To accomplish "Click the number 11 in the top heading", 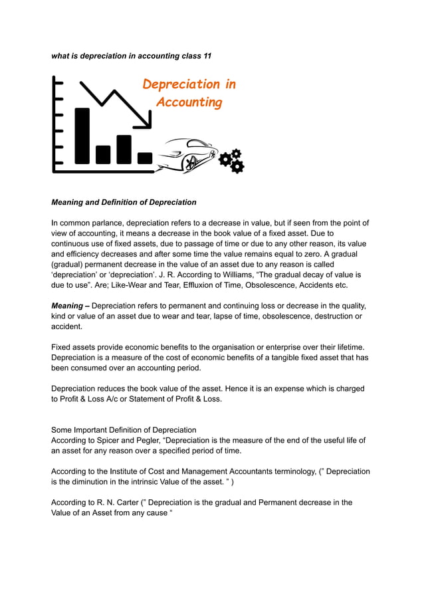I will [207, 56].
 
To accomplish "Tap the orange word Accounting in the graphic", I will [189, 102].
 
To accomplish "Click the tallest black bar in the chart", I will [82, 136].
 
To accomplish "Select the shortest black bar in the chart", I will [144, 158].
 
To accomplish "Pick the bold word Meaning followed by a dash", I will [66, 305].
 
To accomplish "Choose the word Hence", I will [239, 388].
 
